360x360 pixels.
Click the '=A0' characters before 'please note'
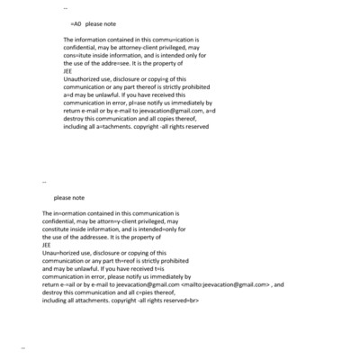click(75, 24)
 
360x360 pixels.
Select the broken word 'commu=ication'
click(153, 40)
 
